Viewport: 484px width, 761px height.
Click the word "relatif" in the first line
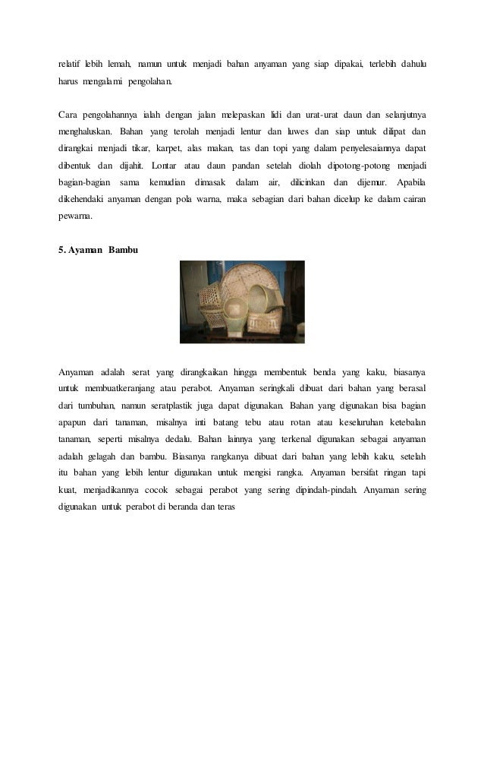point(71,62)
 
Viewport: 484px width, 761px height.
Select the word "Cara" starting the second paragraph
point(70,115)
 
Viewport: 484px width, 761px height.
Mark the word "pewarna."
point(76,216)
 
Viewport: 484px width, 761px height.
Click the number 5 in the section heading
point(61,250)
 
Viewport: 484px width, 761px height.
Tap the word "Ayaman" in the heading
point(85,250)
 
